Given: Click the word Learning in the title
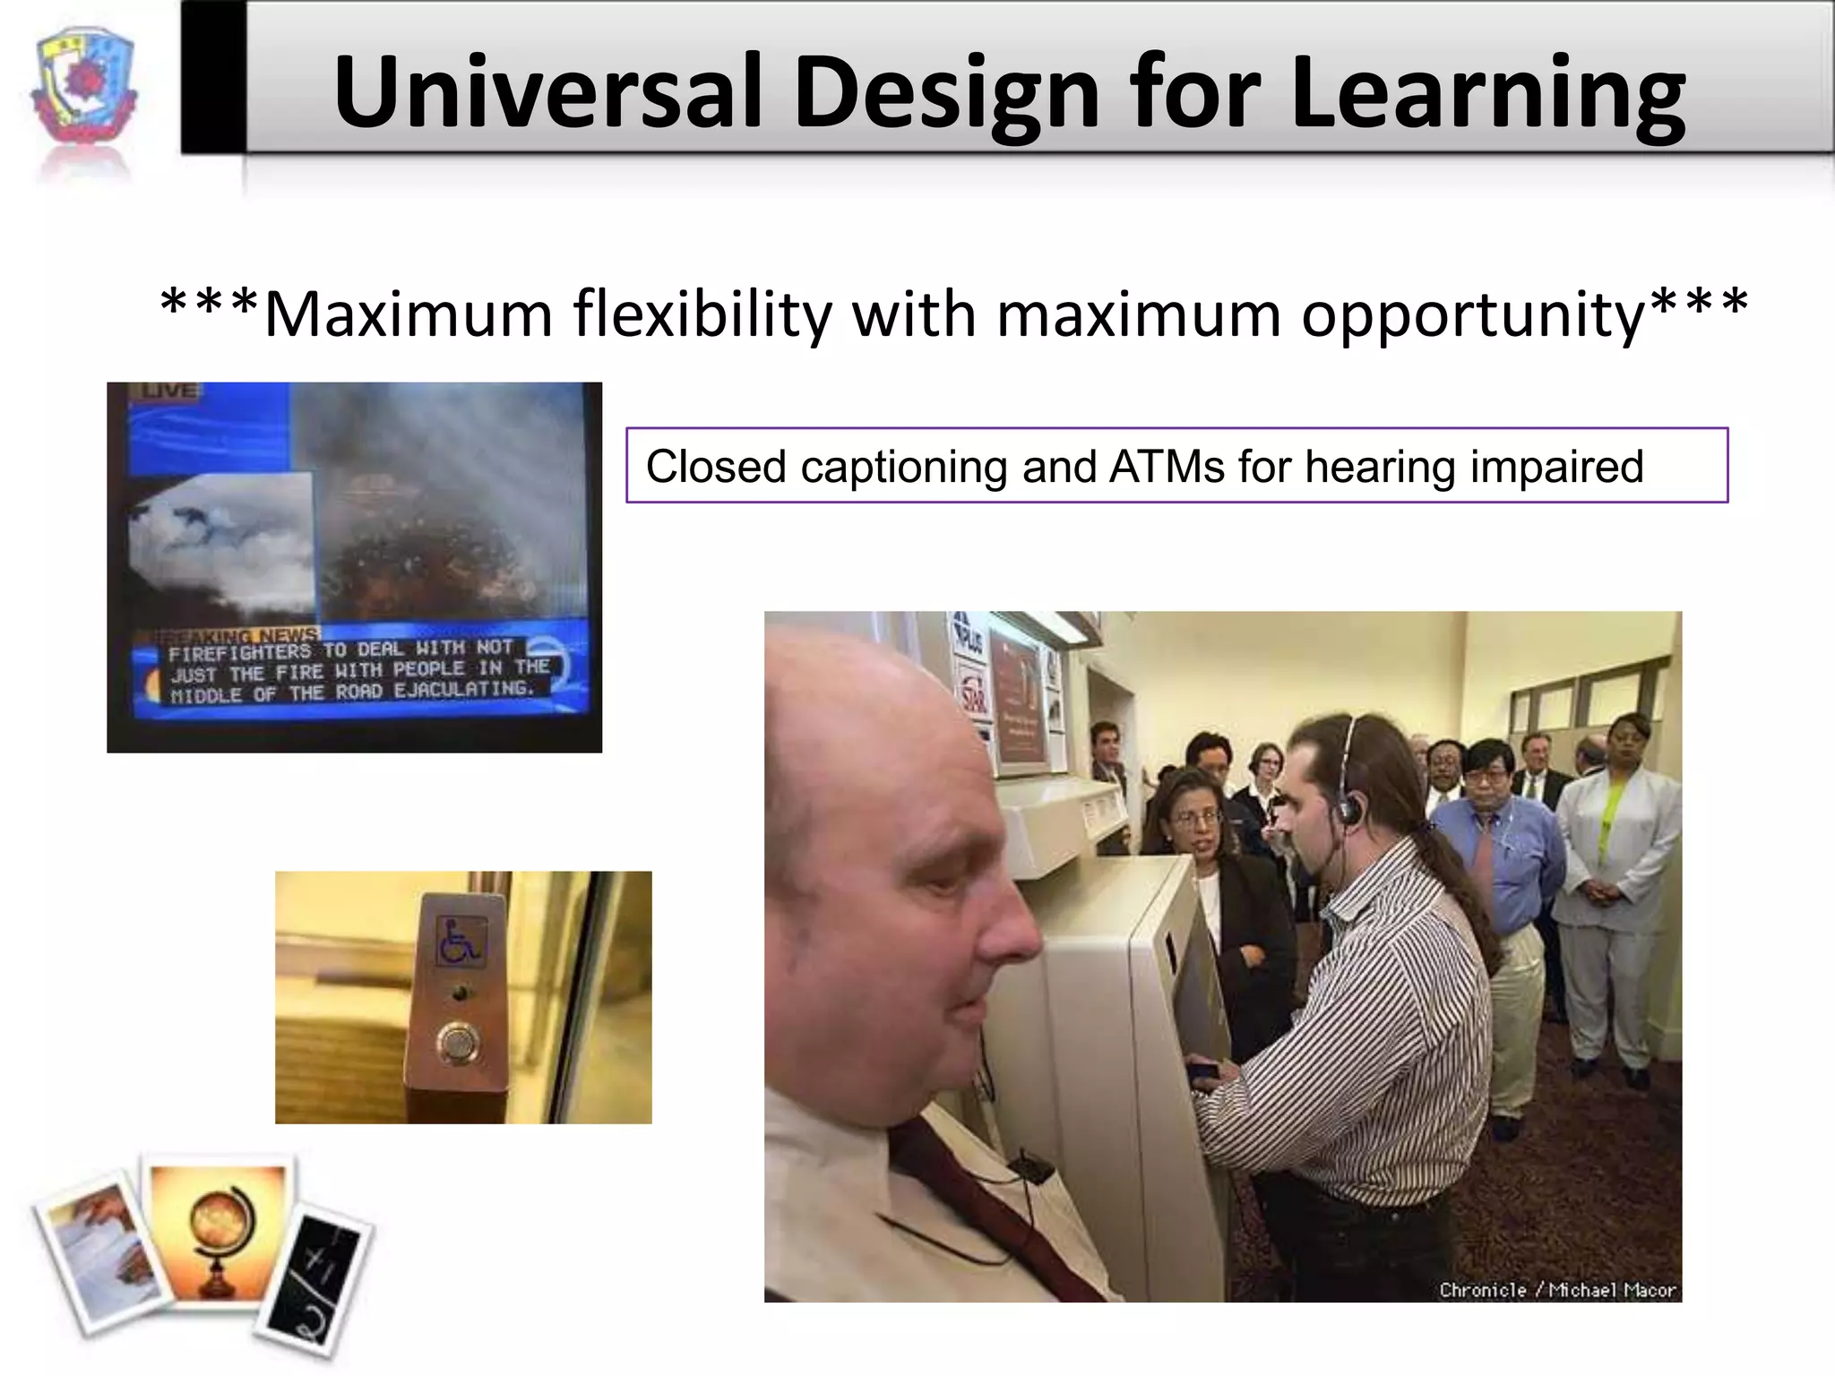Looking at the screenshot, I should click(1487, 91).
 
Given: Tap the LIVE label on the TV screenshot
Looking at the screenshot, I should click(166, 391).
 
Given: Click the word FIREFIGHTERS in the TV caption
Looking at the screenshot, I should click(239, 651).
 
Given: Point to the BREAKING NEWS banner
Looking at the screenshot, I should click(242, 633).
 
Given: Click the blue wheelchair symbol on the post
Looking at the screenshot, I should click(461, 939).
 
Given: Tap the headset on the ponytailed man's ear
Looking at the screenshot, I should click(1346, 811).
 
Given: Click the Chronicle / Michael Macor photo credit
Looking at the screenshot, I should click(1557, 1290).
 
